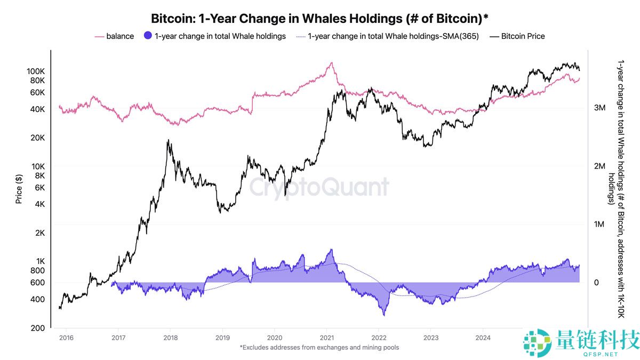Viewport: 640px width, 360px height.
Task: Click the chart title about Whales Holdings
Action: coord(320,18)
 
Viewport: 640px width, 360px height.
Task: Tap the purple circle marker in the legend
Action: coord(148,36)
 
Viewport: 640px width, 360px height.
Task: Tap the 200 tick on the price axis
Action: coord(38,328)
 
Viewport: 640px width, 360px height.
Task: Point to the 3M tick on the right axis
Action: coord(599,108)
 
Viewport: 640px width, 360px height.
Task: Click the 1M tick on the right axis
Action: coord(599,225)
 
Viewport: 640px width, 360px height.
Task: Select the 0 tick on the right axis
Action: coord(597,283)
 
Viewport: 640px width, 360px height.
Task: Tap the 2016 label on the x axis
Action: coord(66,338)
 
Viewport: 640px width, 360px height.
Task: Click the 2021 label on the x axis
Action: coord(326,338)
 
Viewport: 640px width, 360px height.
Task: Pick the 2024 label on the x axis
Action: coord(483,338)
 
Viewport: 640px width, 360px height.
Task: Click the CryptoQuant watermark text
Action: coord(319,187)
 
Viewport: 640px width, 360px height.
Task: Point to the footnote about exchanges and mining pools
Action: coord(319,348)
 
